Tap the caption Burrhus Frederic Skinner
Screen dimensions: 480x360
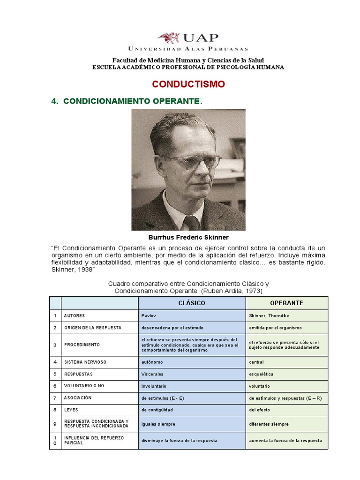point(188,238)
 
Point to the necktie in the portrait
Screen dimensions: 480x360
point(192,223)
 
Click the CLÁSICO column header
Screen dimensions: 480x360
point(192,303)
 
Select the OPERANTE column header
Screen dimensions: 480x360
point(287,303)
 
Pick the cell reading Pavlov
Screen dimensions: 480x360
point(148,315)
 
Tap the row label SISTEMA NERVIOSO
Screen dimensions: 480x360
point(85,362)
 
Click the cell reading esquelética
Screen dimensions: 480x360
point(262,374)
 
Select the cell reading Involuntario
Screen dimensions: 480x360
point(154,386)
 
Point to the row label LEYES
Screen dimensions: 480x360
point(71,409)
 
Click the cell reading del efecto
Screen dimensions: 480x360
point(260,409)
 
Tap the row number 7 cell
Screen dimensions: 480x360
point(55,397)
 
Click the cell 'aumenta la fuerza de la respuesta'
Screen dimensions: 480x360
point(285,441)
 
